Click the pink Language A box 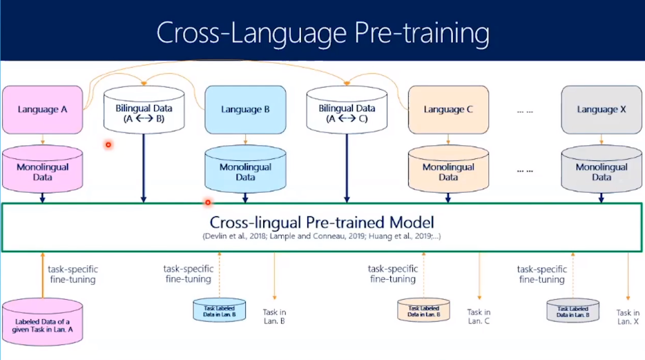tap(43, 109)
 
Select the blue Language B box tap(245, 109)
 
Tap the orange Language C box tap(448, 109)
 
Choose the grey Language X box tap(601, 109)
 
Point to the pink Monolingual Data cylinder tap(43, 170)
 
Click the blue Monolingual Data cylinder tap(245, 170)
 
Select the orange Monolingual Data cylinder tap(448, 170)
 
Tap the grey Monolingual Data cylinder tap(601, 170)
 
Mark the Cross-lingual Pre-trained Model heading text tap(322, 222)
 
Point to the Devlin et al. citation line tap(322, 237)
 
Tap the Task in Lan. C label tap(479, 316)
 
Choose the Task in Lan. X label tap(628, 316)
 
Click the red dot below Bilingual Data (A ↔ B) tap(108, 144)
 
